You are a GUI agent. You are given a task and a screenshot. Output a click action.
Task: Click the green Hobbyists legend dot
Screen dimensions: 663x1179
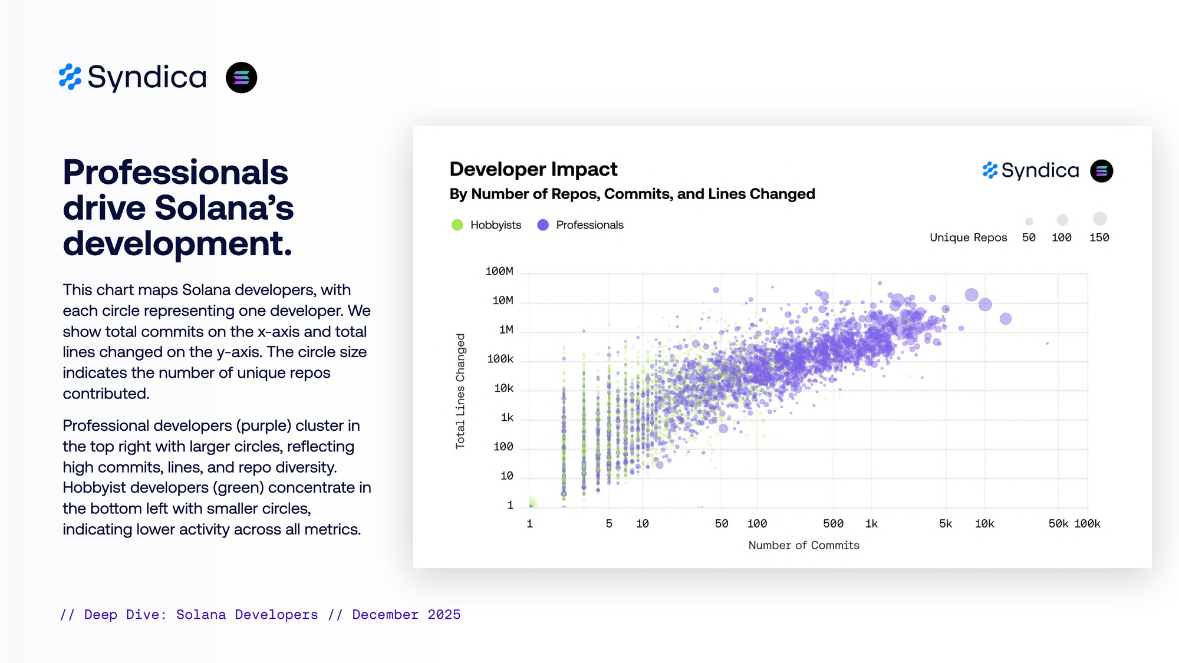point(457,225)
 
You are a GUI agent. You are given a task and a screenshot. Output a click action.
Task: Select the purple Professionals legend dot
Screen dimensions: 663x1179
point(543,225)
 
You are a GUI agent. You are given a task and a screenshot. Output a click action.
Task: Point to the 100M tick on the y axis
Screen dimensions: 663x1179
point(499,271)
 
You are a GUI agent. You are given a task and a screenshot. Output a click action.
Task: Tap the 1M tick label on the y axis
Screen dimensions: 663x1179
point(506,329)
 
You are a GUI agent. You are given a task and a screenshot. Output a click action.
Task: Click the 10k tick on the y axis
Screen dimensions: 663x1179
point(503,388)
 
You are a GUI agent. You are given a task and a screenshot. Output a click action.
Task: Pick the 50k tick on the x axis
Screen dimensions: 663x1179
point(1058,523)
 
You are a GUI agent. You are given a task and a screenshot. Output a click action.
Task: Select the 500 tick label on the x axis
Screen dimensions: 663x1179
point(833,523)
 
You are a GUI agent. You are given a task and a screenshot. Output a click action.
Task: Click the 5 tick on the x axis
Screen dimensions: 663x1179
point(609,523)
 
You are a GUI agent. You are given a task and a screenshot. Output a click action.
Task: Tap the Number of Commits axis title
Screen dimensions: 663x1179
point(803,545)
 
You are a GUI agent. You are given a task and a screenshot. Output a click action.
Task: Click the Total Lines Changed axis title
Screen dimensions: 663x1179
point(460,391)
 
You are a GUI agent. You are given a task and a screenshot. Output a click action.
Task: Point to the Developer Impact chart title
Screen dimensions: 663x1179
point(533,169)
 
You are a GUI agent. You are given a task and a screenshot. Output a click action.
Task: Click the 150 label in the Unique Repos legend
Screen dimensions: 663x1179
point(1099,238)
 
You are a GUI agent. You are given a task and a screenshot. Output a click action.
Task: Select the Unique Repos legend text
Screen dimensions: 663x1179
point(968,238)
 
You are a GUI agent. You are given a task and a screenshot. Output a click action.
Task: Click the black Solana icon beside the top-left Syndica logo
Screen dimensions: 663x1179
point(241,77)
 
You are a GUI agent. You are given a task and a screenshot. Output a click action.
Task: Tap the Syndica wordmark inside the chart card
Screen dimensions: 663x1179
point(1040,170)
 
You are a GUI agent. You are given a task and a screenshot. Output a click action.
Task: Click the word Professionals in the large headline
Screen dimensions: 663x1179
point(175,172)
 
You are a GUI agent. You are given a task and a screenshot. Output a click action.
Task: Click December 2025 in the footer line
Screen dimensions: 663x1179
point(406,615)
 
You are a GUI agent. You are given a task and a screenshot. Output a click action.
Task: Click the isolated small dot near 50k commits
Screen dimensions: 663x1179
point(1048,343)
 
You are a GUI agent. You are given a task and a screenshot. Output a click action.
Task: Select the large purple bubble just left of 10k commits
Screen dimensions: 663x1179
point(971,295)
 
